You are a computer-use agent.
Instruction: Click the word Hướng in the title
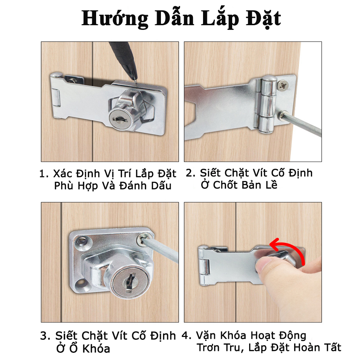[x=115, y=19]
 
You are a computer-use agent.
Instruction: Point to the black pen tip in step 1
[x=135, y=81]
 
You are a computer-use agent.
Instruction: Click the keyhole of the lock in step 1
[x=120, y=119]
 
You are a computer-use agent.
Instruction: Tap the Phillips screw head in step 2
[x=283, y=85]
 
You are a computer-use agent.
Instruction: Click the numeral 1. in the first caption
[x=44, y=174]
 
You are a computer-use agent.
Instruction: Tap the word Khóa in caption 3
[x=96, y=349]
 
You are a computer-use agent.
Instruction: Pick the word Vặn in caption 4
[x=206, y=336]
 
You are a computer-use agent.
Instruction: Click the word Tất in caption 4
[x=333, y=347]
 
